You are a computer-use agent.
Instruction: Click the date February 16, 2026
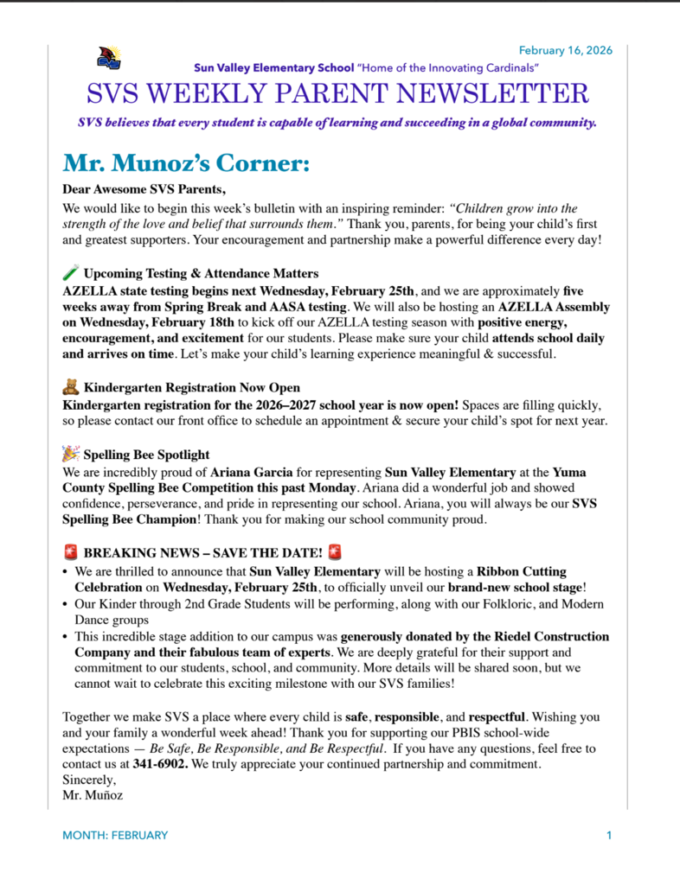pyautogui.click(x=566, y=50)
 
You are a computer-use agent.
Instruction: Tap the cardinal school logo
pyautogui.click(x=109, y=58)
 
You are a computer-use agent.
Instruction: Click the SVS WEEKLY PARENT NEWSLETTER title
pyautogui.click(x=337, y=93)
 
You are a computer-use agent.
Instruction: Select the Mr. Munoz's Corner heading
pyautogui.click(x=186, y=163)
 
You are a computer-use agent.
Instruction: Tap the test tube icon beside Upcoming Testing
pyautogui.click(x=71, y=273)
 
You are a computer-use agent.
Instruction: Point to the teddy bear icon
pyautogui.click(x=71, y=387)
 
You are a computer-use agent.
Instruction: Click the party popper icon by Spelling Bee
pyautogui.click(x=71, y=454)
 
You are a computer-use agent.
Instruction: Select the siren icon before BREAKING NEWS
pyautogui.click(x=71, y=551)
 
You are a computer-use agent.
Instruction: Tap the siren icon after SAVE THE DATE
pyautogui.click(x=336, y=551)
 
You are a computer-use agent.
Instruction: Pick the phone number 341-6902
pyautogui.click(x=160, y=765)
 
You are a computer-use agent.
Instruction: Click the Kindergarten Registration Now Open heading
pyautogui.click(x=192, y=388)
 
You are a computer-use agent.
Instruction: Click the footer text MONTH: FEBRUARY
pyautogui.click(x=115, y=835)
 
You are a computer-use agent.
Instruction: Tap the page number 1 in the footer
pyautogui.click(x=609, y=835)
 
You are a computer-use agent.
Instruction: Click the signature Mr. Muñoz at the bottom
pyautogui.click(x=93, y=795)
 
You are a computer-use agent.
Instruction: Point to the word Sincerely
pyautogui.click(x=89, y=780)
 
